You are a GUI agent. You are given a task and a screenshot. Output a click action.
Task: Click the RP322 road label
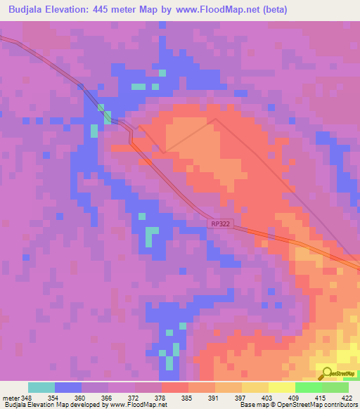click(x=219, y=223)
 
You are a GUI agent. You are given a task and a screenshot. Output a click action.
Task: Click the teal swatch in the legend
click(x=41, y=387)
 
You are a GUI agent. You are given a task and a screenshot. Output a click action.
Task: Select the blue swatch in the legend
click(x=68, y=387)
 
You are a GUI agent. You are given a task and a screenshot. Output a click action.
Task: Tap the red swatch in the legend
click(x=175, y=387)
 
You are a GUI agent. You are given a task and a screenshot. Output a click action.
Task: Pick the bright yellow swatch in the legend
click(x=282, y=387)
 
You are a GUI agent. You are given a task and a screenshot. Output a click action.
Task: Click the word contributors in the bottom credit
click(x=341, y=405)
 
